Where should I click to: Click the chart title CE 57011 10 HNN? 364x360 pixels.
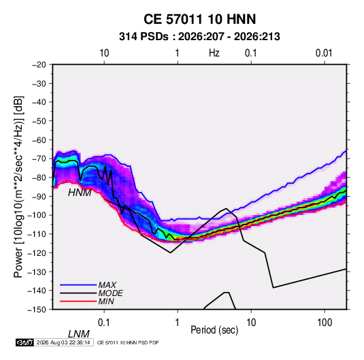click(199, 19)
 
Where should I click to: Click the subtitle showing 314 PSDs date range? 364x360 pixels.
click(199, 37)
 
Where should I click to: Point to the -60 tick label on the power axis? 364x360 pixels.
click(39, 140)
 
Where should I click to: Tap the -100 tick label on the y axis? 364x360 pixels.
click(37, 215)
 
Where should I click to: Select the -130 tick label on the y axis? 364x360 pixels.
click(37, 272)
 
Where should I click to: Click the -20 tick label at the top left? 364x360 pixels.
click(39, 65)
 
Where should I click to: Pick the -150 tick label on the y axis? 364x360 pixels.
click(37, 310)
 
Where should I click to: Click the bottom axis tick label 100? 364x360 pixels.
click(325, 323)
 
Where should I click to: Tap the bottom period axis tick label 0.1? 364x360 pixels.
click(104, 323)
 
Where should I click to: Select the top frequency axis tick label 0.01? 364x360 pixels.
click(324, 53)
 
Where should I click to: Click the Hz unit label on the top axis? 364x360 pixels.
click(214, 53)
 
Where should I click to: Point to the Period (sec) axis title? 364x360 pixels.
click(214, 330)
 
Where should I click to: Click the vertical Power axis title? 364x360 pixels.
click(18, 186)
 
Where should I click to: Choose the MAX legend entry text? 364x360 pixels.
click(107, 285)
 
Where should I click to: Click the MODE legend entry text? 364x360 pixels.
click(110, 293)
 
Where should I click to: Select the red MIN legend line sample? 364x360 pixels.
click(78, 301)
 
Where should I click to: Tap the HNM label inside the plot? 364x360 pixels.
click(80, 193)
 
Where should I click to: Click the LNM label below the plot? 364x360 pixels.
click(79, 334)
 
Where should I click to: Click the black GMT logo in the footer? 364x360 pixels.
click(24, 342)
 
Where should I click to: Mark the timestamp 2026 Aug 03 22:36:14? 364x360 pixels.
click(63, 342)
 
